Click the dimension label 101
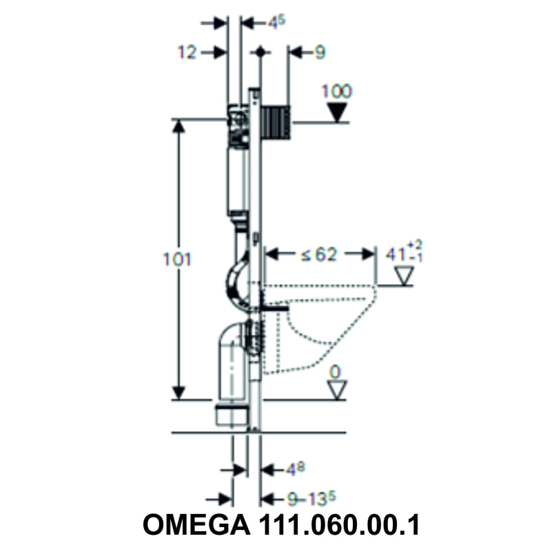pos(177,260)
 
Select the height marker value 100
pos(336,91)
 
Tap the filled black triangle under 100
pos(337,112)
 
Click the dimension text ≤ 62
pos(318,254)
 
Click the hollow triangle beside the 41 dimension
pos(402,276)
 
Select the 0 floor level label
pos(335,372)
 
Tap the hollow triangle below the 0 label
pos(336,390)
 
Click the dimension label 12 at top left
pos(186,52)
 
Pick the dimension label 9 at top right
pos(319,52)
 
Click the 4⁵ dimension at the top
pos(276,22)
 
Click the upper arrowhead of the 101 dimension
pos(179,126)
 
